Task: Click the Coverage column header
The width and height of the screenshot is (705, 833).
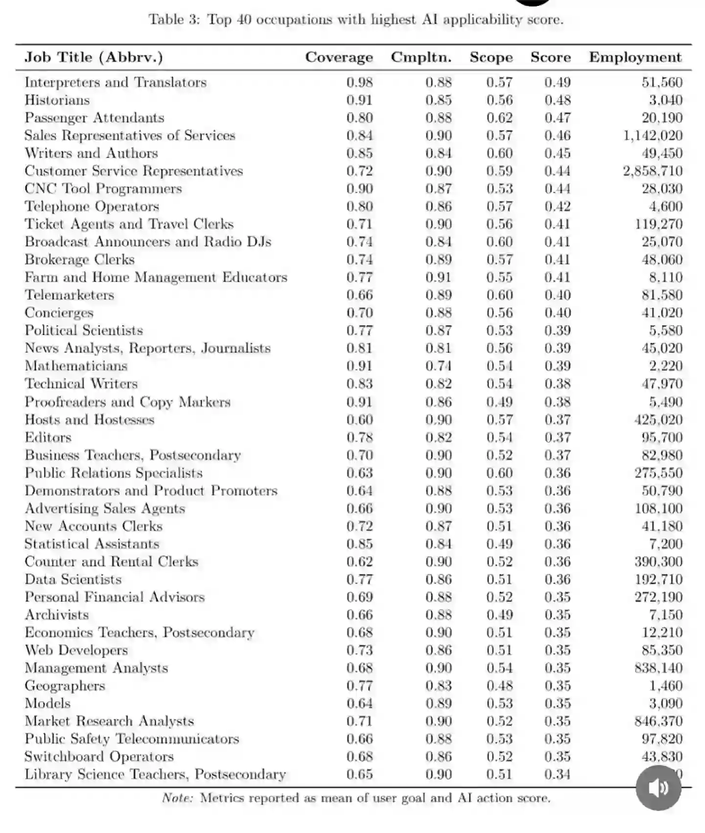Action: (x=339, y=57)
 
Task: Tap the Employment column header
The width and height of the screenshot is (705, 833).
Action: (x=635, y=57)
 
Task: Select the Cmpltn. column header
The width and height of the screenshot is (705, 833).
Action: (x=421, y=57)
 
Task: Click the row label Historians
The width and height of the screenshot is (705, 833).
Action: (x=57, y=100)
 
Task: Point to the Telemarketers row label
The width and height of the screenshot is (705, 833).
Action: (x=70, y=295)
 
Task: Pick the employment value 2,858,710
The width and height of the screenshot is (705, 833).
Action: (x=653, y=171)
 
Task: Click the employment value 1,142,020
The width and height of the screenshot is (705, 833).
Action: (x=653, y=136)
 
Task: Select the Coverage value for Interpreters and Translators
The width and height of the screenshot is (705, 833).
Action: (x=359, y=82)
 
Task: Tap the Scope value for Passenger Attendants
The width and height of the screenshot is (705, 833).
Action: (x=499, y=118)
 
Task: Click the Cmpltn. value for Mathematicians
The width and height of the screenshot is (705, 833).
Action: (x=438, y=366)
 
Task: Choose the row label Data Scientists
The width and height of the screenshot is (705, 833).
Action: (x=73, y=579)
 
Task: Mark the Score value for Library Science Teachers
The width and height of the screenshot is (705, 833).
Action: (x=558, y=774)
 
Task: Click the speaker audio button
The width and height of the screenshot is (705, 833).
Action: (x=658, y=787)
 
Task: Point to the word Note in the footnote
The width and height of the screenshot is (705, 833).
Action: (x=177, y=798)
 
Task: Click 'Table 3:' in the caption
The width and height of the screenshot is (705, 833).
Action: (x=174, y=20)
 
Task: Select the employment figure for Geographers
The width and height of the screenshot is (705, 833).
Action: (x=666, y=686)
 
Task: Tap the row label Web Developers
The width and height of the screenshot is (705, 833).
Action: (x=76, y=650)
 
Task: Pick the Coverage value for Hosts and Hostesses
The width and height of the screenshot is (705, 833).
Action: (x=359, y=420)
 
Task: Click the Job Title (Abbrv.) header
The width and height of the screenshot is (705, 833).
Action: (x=94, y=57)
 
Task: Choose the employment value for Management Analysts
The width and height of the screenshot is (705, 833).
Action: (x=658, y=668)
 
